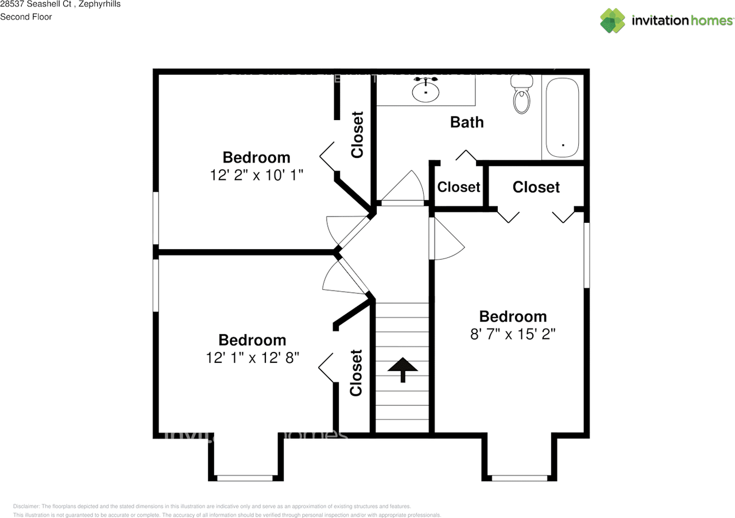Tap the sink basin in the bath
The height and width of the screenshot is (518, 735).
tap(426, 91)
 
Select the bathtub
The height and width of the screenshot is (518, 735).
tap(563, 118)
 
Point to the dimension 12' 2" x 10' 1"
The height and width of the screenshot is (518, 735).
tap(256, 175)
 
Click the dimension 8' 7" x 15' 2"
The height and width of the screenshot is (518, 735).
tap(513, 334)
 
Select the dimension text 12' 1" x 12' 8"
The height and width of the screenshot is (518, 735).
tap(252, 358)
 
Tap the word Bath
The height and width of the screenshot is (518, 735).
tap(467, 122)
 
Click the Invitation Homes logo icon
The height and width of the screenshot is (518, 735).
tap(612, 20)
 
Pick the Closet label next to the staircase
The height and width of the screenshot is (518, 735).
tap(357, 373)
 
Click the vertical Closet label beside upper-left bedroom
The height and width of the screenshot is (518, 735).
tap(358, 134)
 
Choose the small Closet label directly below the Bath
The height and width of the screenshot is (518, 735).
tap(459, 187)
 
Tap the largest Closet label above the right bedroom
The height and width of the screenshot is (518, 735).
tap(536, 187)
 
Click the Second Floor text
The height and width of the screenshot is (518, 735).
tap(26, 17)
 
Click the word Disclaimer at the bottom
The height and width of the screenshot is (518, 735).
tap(26, 507)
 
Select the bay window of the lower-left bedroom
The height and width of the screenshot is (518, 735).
tap(245, 478)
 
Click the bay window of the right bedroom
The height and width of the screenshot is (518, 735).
tap(520, 478)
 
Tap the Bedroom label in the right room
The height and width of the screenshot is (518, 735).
tap(513, 316)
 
